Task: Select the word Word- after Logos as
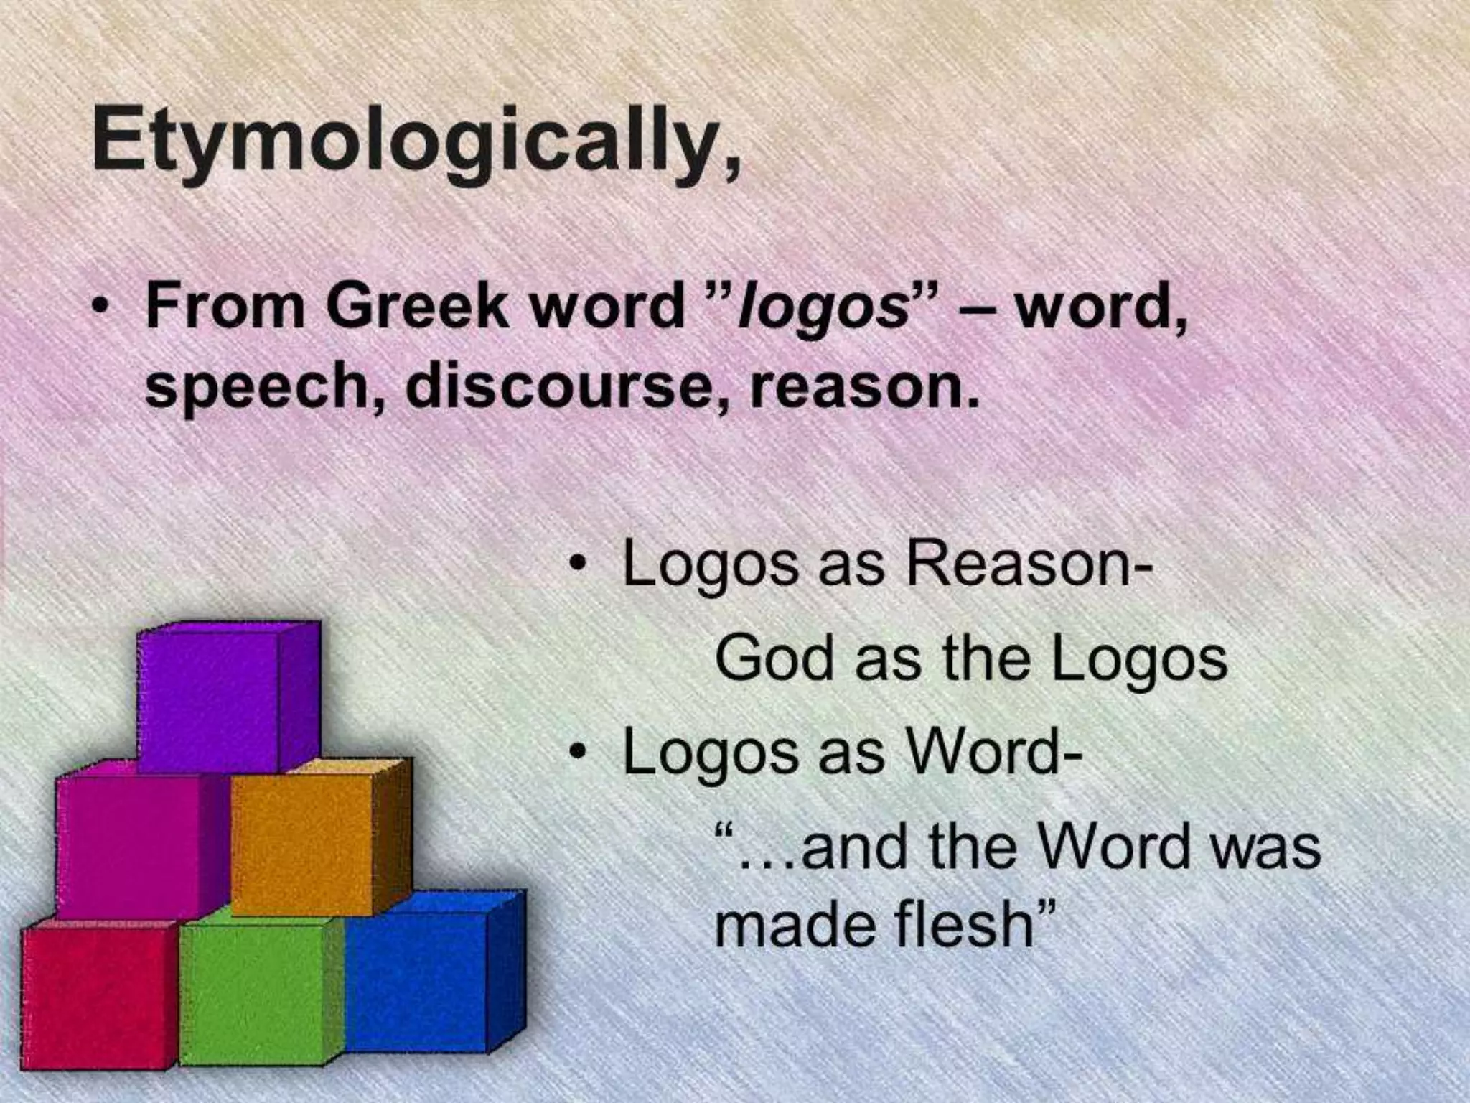click(x=995, y=753)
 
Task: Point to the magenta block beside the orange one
click(x=129, y=847)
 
